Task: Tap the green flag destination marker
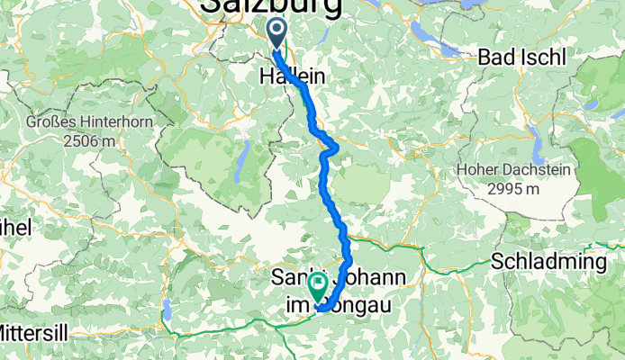coord(318,287)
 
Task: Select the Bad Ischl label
coord(522,58)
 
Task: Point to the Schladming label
coord(550,262)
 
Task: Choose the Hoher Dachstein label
coord(504,169)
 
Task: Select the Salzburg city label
coord(271,7)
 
